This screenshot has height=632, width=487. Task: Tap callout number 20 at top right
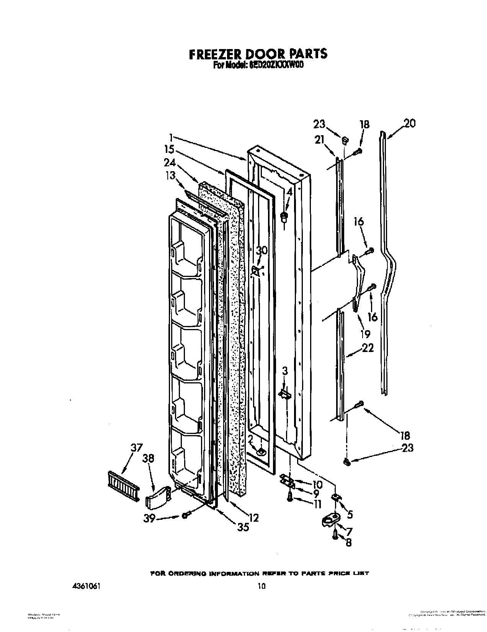coord(409,124)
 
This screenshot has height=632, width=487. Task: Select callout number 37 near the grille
coord(136,448)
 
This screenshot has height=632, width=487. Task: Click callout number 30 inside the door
coord(261,251)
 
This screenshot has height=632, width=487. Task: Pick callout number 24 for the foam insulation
coord(170,162)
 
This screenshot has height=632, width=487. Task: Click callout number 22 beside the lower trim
coord(368,349)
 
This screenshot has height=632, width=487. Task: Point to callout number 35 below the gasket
coord(243,527)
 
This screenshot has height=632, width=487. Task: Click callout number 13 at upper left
coord(170,175)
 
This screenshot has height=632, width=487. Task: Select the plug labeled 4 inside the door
coord(284,218)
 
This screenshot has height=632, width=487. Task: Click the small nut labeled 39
coord(185,516)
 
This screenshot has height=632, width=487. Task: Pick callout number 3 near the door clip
coord(284,371)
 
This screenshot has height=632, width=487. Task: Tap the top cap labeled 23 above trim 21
coord(344,141)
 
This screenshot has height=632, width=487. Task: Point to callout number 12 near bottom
coord(253,518)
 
